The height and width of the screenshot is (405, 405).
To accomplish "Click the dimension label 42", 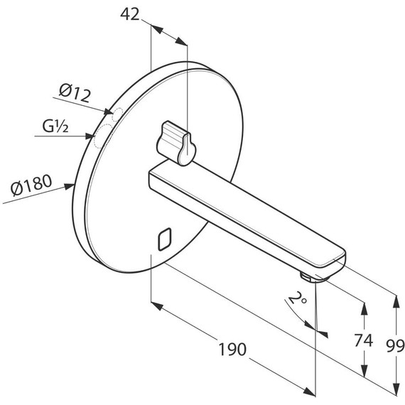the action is tap(129, 14).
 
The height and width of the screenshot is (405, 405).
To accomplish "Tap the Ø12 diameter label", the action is tap(75, 93).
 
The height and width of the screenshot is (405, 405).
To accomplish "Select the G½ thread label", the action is tap(55, 126).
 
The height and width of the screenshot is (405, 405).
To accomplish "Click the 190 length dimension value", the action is tap(232, 349).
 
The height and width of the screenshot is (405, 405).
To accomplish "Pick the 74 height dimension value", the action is tap(363, 340).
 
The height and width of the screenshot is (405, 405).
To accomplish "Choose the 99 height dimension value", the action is tap(395, 346).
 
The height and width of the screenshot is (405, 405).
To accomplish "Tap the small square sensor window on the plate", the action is tap(165, 239).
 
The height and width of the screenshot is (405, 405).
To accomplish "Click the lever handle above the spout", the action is tap(176, 143).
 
